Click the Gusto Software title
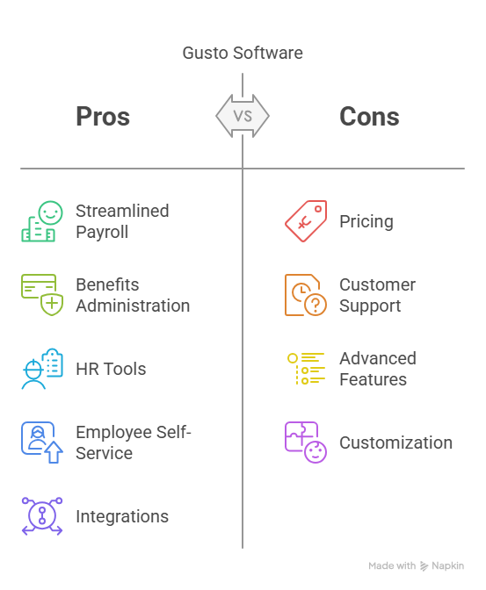tap(243, 53)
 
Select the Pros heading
tap(103, 116)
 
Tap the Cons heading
tap(369, 116)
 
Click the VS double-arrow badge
tap(243, 116)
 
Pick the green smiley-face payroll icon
tap(42, 221)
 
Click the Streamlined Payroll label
tap(122, 221)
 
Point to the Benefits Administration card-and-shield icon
tap(42, 295)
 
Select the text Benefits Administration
tap(133, 295)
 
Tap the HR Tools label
tap(111, 369)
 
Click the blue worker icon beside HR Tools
tap(42, 369)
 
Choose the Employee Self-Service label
tap(134, 442)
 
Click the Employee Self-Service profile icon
tap(42, 442)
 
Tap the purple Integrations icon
tap(42, 516)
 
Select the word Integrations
tap(122, 516)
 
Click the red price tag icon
tap(306, 221)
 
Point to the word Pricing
tap(366, 221)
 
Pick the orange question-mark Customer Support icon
tap(306, 295)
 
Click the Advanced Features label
tap(378, 369)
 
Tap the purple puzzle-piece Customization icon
tap(306, 442)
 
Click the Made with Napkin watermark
tap(416, 566)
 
